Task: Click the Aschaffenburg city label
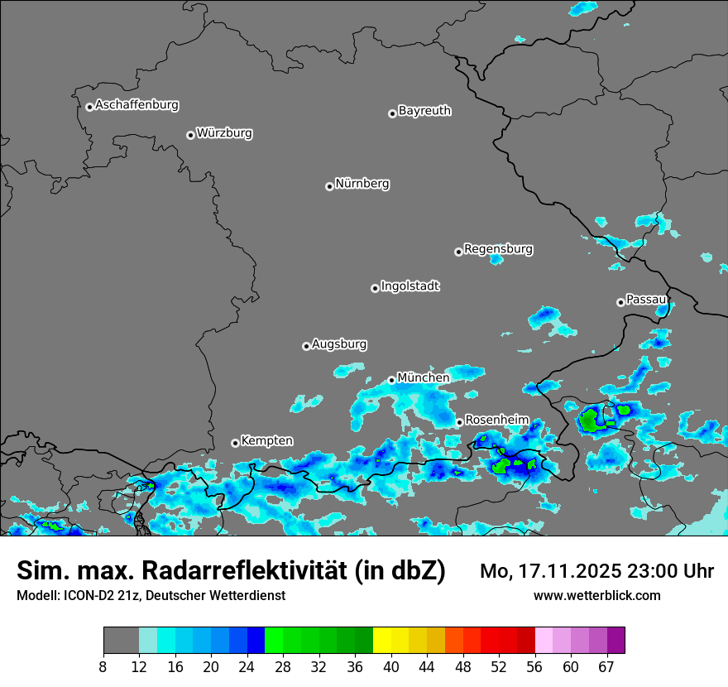click(136, 105)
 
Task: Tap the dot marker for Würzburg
click(190, 135)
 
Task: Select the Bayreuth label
click(424, 110)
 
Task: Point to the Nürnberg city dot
click(329, 186)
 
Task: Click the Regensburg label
click(498, 248)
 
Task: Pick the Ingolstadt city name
click(409, 286)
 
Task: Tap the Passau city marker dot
click(620, 302)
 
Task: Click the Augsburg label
click(339, 343)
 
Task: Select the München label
click(423, 377)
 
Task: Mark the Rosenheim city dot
click(459, 423)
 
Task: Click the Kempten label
click(266, 440)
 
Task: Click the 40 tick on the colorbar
click(390, 666)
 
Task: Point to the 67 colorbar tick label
click(606, 666)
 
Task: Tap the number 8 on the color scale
click(103, 666)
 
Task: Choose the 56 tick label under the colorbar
click(534, 666)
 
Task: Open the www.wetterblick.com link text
click(596, 596)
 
